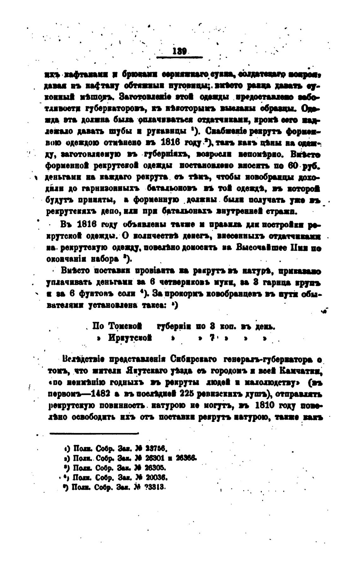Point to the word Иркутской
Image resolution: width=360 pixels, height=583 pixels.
(129, 338)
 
